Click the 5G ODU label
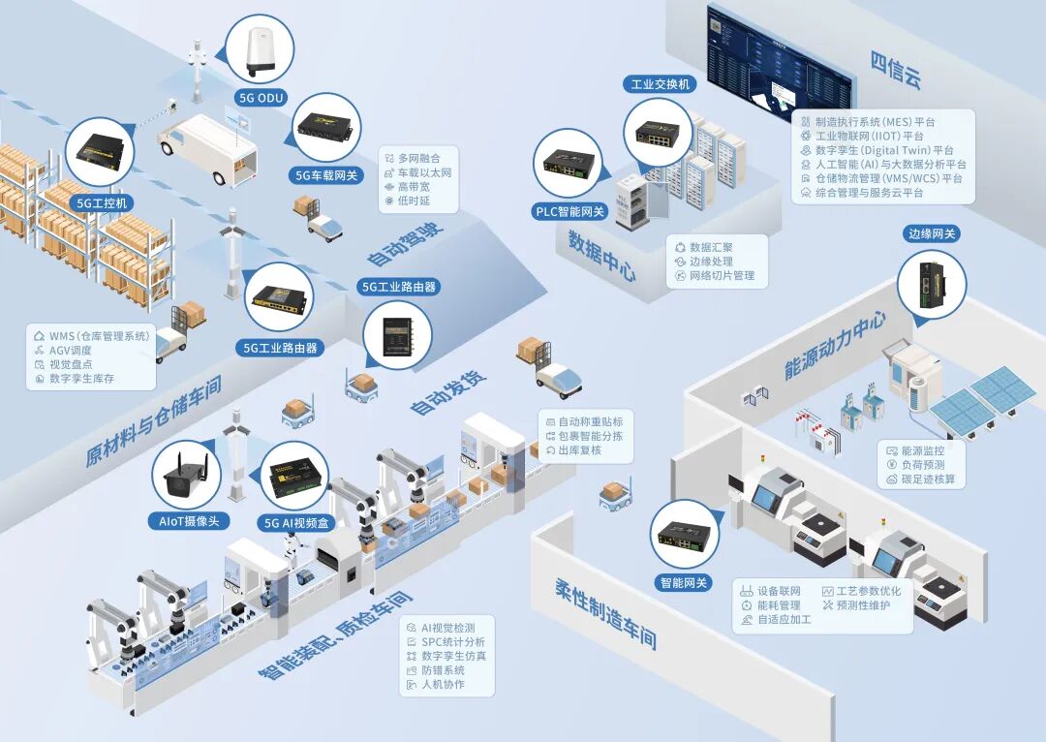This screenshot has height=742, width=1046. [261, 96]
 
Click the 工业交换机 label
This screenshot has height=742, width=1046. [659, 84]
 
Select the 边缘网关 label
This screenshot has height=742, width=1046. [931, 233]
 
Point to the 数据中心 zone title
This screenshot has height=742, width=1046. [601, 255]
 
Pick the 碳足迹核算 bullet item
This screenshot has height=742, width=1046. [928, 479]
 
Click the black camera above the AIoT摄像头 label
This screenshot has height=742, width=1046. [187, 474]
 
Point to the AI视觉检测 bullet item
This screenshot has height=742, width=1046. [446, 628]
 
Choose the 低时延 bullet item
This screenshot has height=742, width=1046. [414, 201]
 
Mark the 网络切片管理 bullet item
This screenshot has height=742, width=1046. [722, 276]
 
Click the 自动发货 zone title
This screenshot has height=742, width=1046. [447, 392]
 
